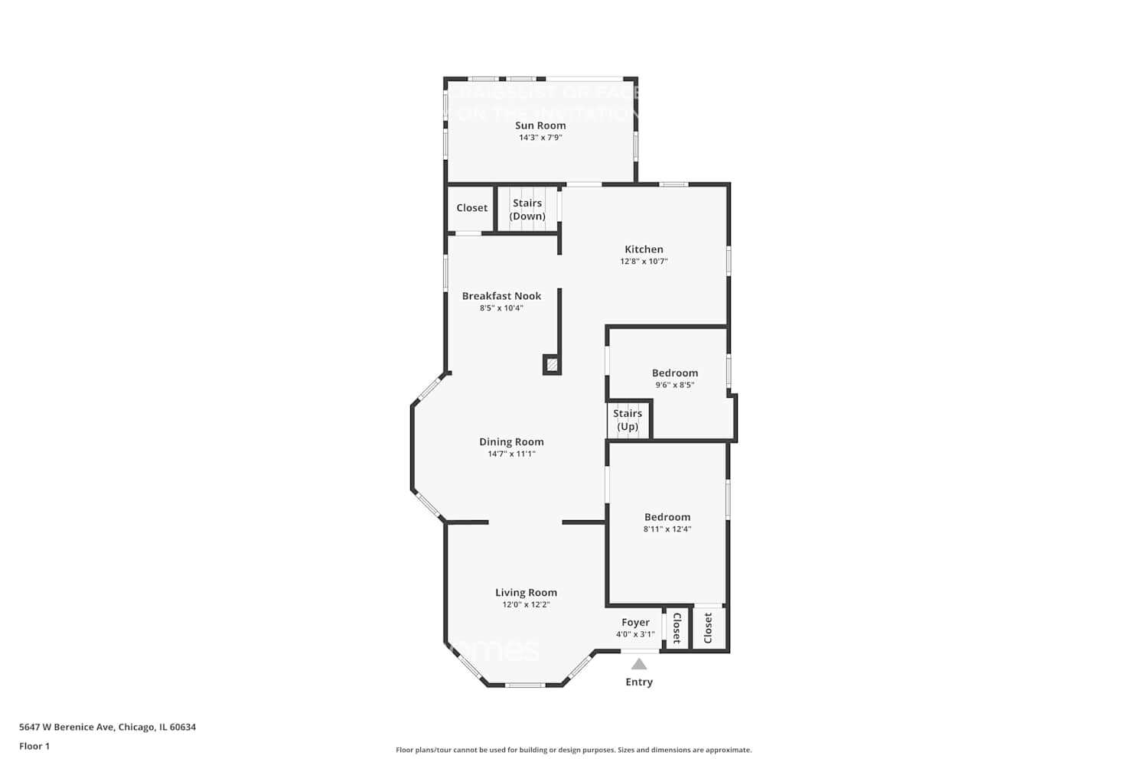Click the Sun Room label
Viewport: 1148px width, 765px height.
(540, 125)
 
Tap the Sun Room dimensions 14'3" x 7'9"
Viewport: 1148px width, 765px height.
(540, 138)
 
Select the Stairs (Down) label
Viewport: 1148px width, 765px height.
(527, 210)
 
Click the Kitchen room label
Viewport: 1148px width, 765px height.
(644, 249)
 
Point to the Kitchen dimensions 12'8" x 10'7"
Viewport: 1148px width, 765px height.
(644, 262)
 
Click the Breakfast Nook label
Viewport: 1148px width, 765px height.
(501, 296)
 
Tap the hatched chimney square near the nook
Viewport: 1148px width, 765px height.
(552, 365)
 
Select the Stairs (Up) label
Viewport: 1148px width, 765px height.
(628, 420)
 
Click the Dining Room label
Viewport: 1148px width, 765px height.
(511, 442)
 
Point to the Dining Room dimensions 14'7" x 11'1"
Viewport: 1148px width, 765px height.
(511, 454)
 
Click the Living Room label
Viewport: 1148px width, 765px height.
(526, 593)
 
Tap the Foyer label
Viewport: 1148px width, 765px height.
(635, 623)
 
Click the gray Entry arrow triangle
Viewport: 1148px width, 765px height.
(639, 665)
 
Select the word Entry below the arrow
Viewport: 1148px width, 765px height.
(639, 682)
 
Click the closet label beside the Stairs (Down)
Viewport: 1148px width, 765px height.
(471, 208)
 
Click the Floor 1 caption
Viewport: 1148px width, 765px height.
(34, 747)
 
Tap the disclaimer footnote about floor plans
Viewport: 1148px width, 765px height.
(573, 750)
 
